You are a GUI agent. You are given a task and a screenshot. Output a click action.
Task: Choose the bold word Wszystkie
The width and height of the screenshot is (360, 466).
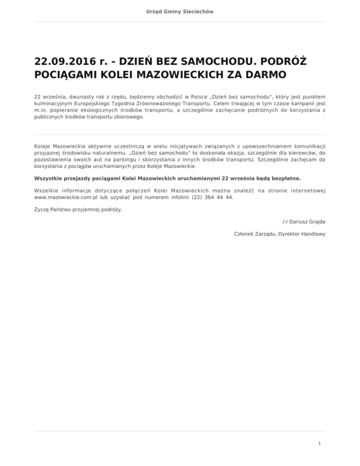pyautogui.click(x=49, y=178)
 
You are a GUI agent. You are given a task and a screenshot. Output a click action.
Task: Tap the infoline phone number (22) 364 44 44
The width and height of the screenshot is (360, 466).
pyautogui.click(x=212, y=197)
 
